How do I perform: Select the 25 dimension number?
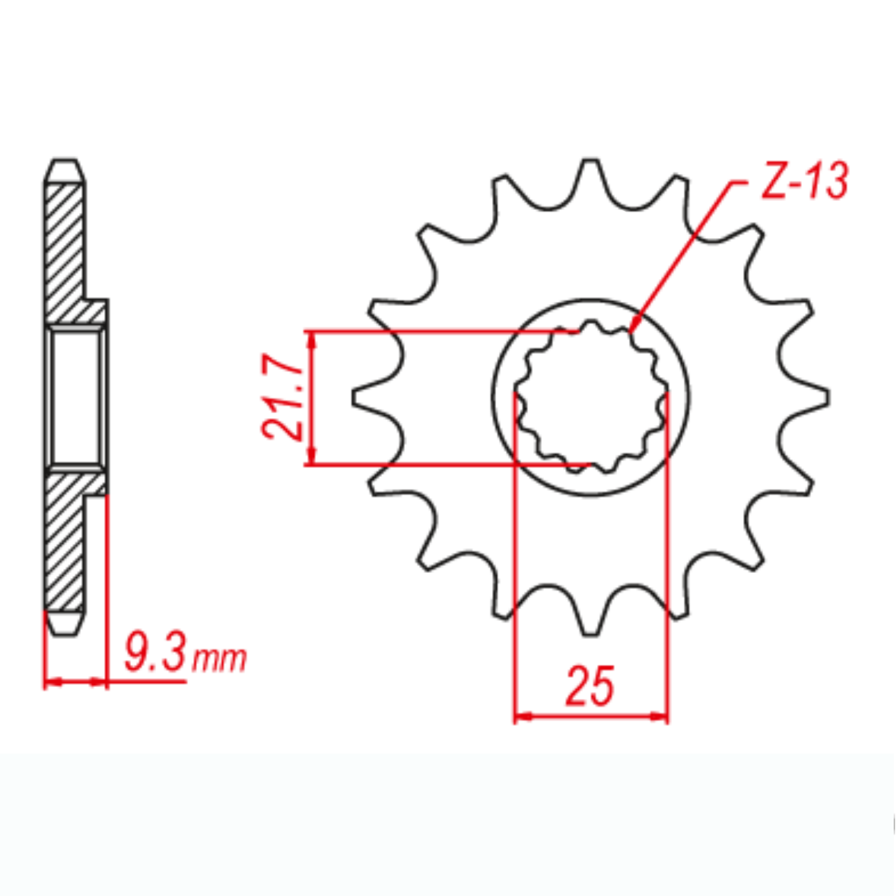(590, 687)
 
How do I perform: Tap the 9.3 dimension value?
(154, 652)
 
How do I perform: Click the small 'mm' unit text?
(219, 659)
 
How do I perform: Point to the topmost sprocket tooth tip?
(590, 162)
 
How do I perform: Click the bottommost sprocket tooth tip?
(590, 632)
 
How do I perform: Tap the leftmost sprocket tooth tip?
(355, 397)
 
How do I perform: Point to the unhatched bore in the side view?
(76, 397)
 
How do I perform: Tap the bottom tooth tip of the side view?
(64, 632)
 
